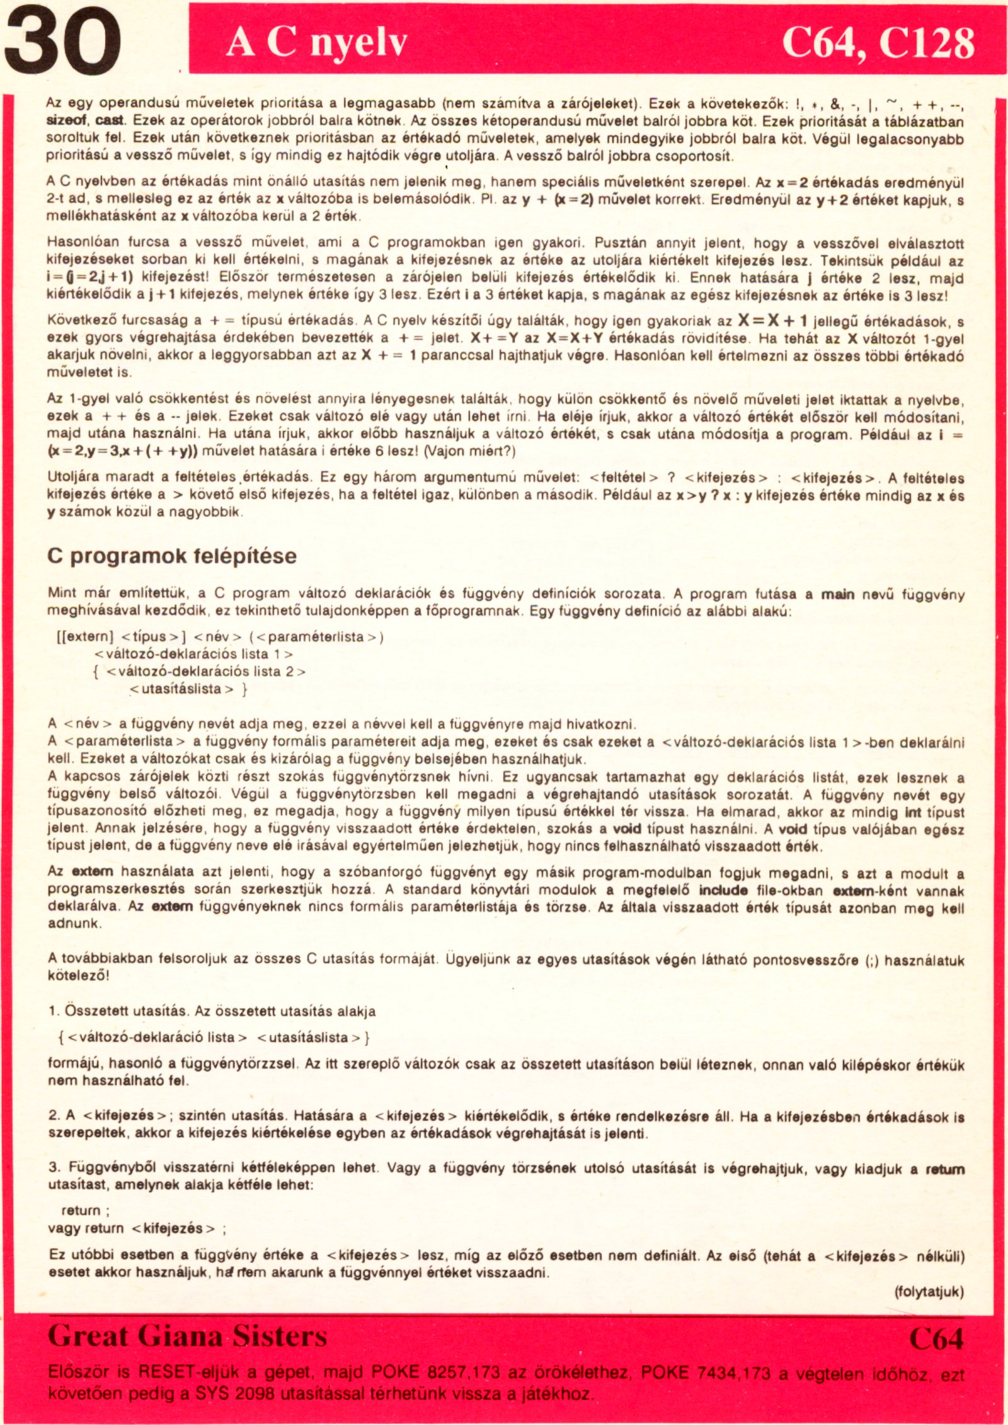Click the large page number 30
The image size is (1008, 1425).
tap(61, 44)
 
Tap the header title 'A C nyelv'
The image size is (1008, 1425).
tap(316, 43)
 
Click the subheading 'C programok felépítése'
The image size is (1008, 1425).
tap(172, 556)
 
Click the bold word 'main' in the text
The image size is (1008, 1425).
tap(837, 593)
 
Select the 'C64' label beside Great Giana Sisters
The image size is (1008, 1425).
tap(936, 1339)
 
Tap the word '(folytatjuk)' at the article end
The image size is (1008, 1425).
tap(929, 1291)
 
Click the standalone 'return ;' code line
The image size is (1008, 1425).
tap(86, 1210)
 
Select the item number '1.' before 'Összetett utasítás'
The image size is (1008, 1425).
tap(54, 1011)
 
